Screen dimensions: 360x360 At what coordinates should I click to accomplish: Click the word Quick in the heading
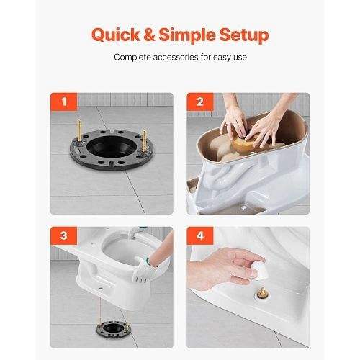[x=116, y=35]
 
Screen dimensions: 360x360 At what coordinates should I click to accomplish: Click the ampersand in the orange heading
[x=149, y=35]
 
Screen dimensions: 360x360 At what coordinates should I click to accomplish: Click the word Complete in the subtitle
[x=132, y=58]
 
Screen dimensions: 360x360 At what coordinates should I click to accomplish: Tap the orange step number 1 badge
[x=64, y=102]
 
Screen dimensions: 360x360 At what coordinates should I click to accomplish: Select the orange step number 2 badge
[x=200, y=102]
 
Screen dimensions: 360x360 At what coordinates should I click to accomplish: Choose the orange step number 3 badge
[x=64, y=235]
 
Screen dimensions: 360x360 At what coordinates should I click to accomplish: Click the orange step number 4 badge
[x=200, y=235]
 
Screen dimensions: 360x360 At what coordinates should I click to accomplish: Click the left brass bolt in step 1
[x=79, y=130]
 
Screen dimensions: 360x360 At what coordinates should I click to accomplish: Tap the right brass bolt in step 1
[x=144, y=140]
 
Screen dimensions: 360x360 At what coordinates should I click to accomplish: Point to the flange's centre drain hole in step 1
[x=112, y=147]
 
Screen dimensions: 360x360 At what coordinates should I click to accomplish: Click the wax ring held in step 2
[x=244, y=143]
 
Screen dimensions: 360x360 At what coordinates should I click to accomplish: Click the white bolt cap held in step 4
[x=261, y=271]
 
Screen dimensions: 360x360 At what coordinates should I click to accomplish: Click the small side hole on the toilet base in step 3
[x=101, y=288]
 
